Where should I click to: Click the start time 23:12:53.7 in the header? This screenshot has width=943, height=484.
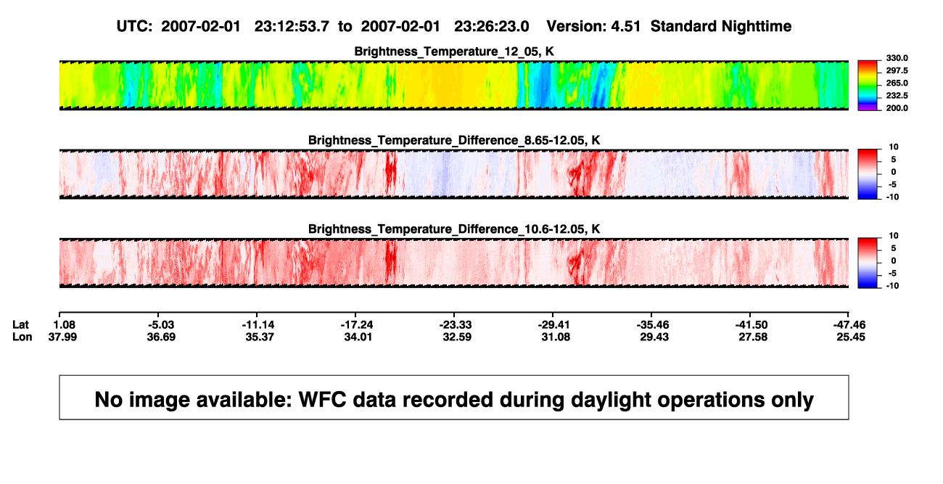coord(292,27)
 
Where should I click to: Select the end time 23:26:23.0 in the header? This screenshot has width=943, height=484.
coord(491,27)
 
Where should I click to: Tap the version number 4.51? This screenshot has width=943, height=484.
coord(626,27)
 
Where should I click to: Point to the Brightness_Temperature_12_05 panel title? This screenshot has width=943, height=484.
coord(454,52)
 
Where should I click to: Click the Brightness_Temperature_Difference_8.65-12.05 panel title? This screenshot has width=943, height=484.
coord(454,140)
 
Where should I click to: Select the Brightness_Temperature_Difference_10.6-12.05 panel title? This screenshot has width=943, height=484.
coord(454,229)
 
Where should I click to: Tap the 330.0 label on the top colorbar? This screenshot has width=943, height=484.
coord(897,58)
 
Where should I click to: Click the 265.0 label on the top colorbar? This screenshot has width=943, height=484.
coord(897,83)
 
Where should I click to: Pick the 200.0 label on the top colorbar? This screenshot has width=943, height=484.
coord(897,108)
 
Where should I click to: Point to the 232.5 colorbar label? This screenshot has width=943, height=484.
coord(897,96)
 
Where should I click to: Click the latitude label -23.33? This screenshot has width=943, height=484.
coord(456,325)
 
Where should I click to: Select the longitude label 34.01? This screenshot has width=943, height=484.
coord(358,337)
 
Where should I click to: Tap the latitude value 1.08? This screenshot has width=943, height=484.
coord(65,325)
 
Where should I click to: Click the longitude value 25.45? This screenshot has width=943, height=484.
coord(851,337)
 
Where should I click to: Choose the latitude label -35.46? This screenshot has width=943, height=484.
coord(653,325)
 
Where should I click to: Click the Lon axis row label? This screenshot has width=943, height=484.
coord(22,337)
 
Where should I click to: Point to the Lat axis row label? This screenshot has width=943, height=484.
coord(20,325)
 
